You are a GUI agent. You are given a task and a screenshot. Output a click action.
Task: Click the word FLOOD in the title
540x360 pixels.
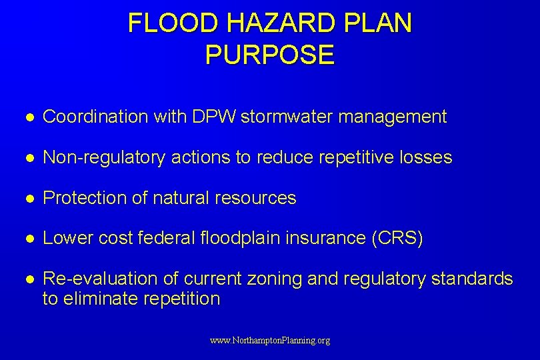(174, 23)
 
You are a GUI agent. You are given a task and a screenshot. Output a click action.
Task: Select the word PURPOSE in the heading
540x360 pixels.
(270, 55)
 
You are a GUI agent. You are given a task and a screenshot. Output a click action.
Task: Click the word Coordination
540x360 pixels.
(95, 117)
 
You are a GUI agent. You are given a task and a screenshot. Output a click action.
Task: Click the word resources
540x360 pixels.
(257, 198)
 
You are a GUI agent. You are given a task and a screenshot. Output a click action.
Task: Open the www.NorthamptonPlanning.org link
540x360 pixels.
(270, 341)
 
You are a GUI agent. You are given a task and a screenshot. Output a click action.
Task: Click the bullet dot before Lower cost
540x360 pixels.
(30, 239)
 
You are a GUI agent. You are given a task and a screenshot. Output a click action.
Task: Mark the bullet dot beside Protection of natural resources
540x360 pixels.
(30, 199)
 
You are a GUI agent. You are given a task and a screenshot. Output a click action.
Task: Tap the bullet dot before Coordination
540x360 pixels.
(30, 117)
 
